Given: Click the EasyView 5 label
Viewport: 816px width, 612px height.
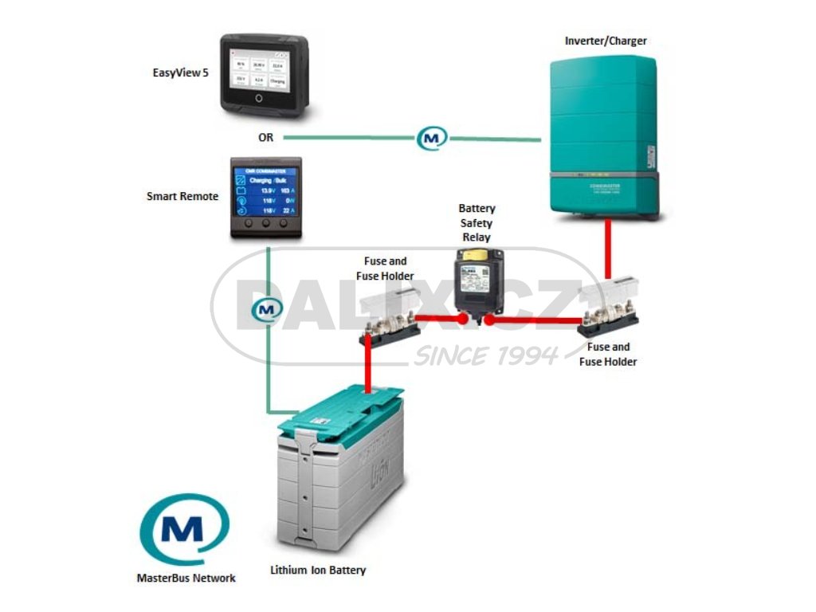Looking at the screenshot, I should (175, 73).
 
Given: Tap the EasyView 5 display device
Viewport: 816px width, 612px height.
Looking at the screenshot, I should (265, 75).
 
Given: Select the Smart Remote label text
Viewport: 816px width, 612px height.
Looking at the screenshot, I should (182, 196).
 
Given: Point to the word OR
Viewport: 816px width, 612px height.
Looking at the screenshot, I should (265, 137).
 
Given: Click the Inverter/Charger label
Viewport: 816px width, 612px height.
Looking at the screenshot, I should (606, 41).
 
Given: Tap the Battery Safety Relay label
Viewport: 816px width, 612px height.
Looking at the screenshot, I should (476, 223).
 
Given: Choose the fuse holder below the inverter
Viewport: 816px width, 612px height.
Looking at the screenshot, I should (610, 316).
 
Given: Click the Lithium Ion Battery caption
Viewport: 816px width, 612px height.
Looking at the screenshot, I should (318, 571).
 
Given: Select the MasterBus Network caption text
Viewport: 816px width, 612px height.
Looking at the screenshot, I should (186, 578).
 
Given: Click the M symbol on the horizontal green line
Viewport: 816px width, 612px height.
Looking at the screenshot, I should (432, 138).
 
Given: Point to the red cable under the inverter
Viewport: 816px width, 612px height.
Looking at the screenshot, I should (608, 251).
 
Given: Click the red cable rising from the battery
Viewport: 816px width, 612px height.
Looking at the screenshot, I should (369, 367).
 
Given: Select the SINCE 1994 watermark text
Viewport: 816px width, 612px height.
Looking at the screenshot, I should (485, 355).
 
